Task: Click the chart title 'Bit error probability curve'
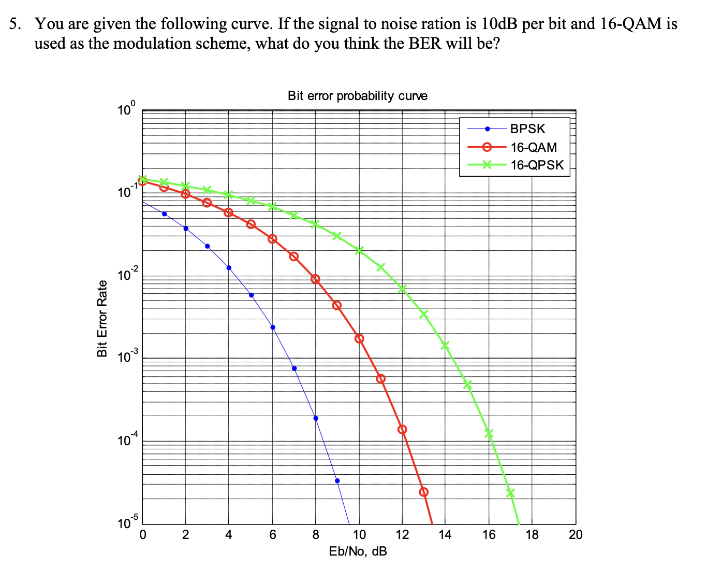[357, 96]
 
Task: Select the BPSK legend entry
[527, 129]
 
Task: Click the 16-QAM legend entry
[533, 147]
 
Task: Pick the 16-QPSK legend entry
[537, 165]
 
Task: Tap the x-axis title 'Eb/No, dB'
[358, 551]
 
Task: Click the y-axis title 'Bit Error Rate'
[102, 318]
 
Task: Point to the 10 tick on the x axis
[359, 535]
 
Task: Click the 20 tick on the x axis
[575, 535]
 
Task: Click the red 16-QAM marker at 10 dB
[359, 338]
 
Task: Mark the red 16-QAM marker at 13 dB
[424, 492]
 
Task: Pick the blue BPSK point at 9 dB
[337, 481]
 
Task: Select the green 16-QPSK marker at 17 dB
[510, 493]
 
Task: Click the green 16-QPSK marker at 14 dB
[445, 345]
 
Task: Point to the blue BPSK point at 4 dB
[229, 267]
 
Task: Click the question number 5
[16, 24]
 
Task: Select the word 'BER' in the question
[425, 43]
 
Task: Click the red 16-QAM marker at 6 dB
[272, 239]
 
